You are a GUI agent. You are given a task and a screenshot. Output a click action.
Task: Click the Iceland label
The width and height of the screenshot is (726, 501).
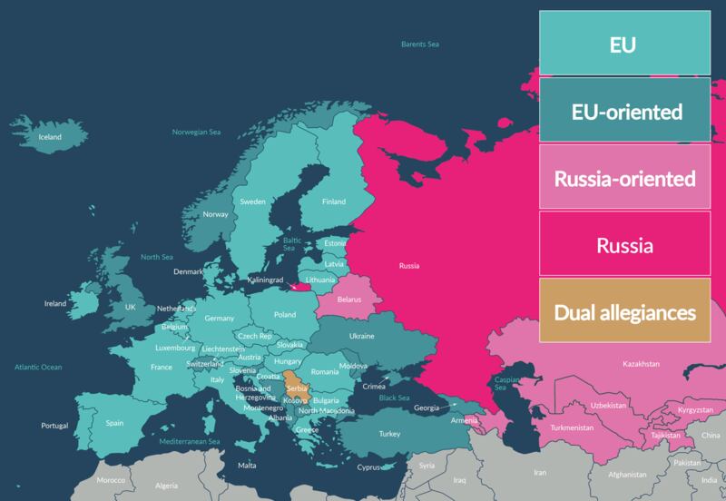49,137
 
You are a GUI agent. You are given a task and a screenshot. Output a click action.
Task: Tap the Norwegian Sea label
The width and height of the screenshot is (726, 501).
197,133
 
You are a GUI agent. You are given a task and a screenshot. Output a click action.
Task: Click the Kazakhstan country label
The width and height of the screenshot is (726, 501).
641,364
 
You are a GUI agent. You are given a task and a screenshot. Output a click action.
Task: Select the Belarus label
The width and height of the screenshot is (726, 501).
349,299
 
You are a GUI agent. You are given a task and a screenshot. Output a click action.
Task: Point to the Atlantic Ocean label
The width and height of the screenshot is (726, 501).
38,367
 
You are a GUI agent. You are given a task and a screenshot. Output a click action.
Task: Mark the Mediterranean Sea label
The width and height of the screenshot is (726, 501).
191,441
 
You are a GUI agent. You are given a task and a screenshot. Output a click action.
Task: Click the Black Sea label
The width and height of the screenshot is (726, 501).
395,398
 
